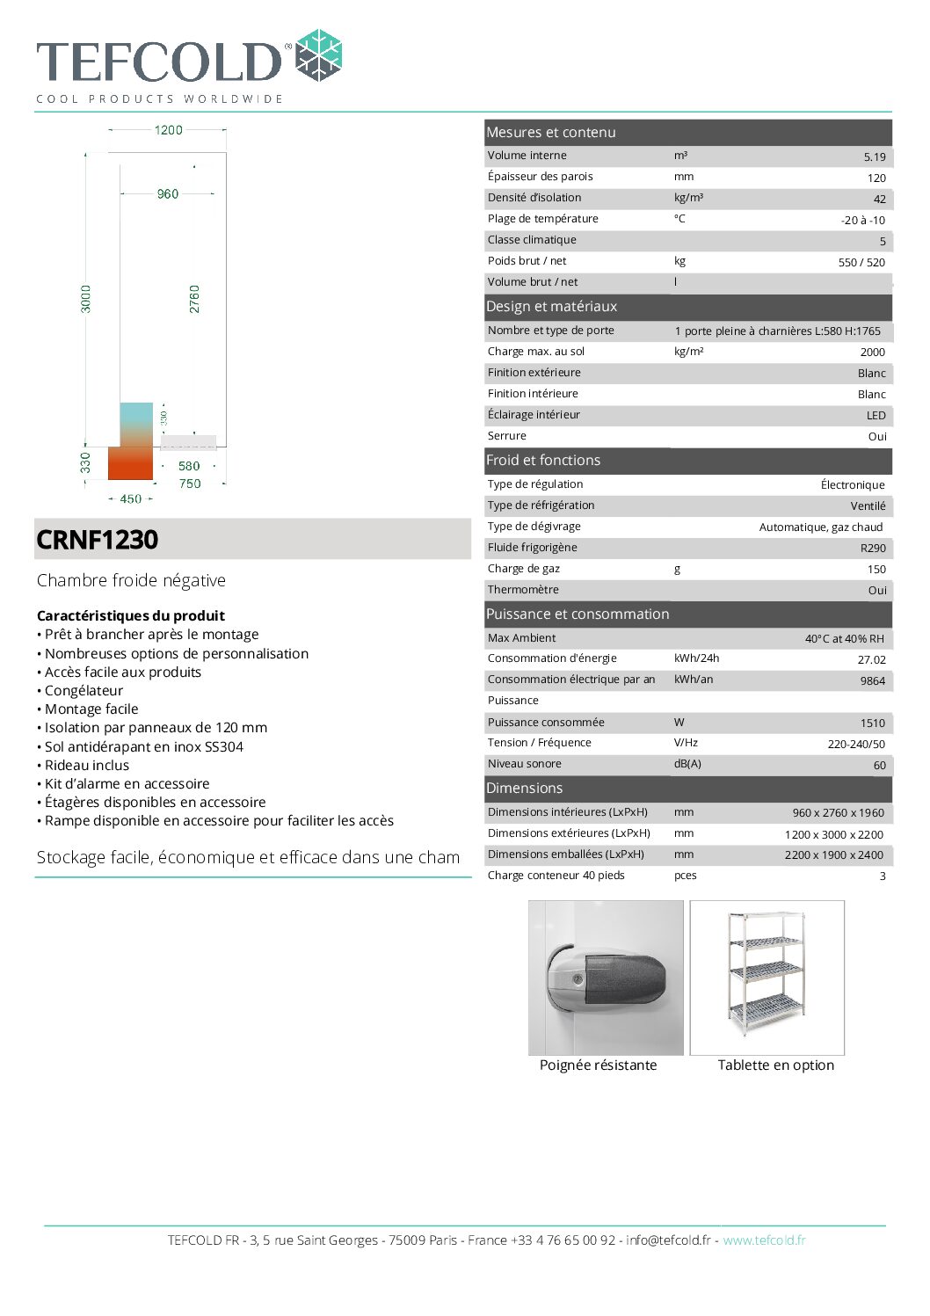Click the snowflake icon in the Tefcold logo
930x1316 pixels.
(x=318, y=55)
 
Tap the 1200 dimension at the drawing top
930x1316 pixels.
(x=168, y=130)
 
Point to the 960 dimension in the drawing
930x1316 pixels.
(x=168, y=194)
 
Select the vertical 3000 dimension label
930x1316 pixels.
(x=86, y=299)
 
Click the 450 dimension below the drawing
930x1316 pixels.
(x=131, y=499)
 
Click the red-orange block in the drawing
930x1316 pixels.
(x=131, y=462)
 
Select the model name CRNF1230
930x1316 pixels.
(x=98, y=540)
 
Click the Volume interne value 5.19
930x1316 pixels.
(x=874, y=157)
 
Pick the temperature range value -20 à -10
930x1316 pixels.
(x=862, y=221)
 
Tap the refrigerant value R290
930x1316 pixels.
(x=872, y=549)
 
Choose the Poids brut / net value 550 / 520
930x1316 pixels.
(x=861, y=263)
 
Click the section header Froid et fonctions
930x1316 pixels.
(x=543, y=461)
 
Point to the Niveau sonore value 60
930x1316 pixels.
(x=879, y=766)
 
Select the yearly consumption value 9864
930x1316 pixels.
(x=872, y=681)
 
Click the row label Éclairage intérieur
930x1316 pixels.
(x=534, y=415)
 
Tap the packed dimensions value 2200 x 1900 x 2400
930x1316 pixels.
(x=833, y=855)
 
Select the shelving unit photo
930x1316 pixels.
(x=767, y=976)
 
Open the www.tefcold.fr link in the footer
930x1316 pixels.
(x=764, y=1240)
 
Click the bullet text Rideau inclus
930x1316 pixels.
(x=87, y=766)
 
